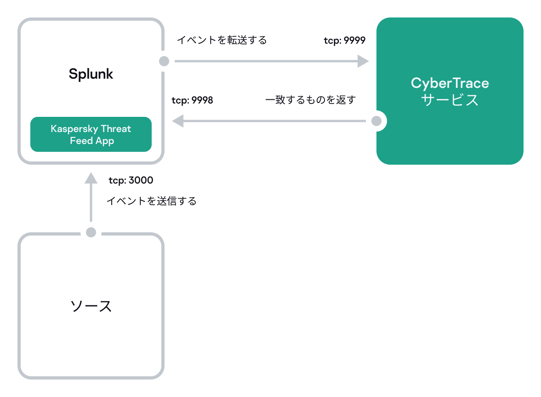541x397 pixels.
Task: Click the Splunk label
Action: pyautogui.click(x=91, y=74)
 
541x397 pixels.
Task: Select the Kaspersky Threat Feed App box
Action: pyautogui.click(x=91, y=134)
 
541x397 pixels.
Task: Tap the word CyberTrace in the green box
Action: pyautogui.click(x=450, y=83)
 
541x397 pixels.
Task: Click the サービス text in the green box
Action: pyautogui.click(x=450, y=100)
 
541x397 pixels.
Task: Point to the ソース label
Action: pyautogui.click(x=91, y=306)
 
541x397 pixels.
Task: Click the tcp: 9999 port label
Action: pyautogui.click(x=344, y=40)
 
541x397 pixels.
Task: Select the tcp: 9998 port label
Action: pyautogui.click(x=192, y=100)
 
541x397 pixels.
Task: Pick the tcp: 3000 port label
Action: pyautogui.click(x=131, y=180)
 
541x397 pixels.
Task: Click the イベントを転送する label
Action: pyautogui.click(x=222, y=40)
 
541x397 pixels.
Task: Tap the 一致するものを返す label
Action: pyautogui.click(x=310, y=100)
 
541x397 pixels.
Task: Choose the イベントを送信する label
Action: pyautogui.click(x=151, y=201)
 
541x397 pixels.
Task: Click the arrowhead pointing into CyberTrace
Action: pyautogui.click(x=363, y=61)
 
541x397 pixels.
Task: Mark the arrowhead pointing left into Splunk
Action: pyautogui.click(x=178, y=121)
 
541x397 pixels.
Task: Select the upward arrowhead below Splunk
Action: pyautogui.click(x=91, y=178)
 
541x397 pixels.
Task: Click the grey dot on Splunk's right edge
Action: pyautogui.click(x=164, y=61)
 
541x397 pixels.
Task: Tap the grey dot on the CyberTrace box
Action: pyautogui.click(x=376, y=121)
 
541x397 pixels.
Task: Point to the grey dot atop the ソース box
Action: pyautogui.click(x=91, y=232)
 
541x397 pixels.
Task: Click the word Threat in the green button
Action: pyautogui.click(x=118, y=129)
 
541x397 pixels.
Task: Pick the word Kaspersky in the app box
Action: pyautogui.click(x=77, y=129)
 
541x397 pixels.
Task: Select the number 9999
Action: pyautogui.click(x=354, y=40)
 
